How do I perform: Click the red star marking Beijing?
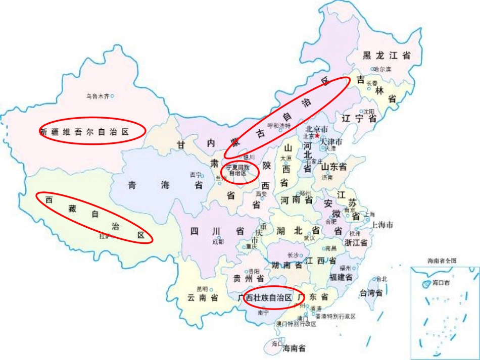(317, 135)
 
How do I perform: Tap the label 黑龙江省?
(386, 56)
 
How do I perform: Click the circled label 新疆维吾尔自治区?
(84, 132)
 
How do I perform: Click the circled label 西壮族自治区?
(268, 298)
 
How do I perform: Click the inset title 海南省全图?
(442, 261)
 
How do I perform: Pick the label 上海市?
(382, 225)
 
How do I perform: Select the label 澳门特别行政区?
(296, 324)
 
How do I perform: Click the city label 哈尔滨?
(382, 69)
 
